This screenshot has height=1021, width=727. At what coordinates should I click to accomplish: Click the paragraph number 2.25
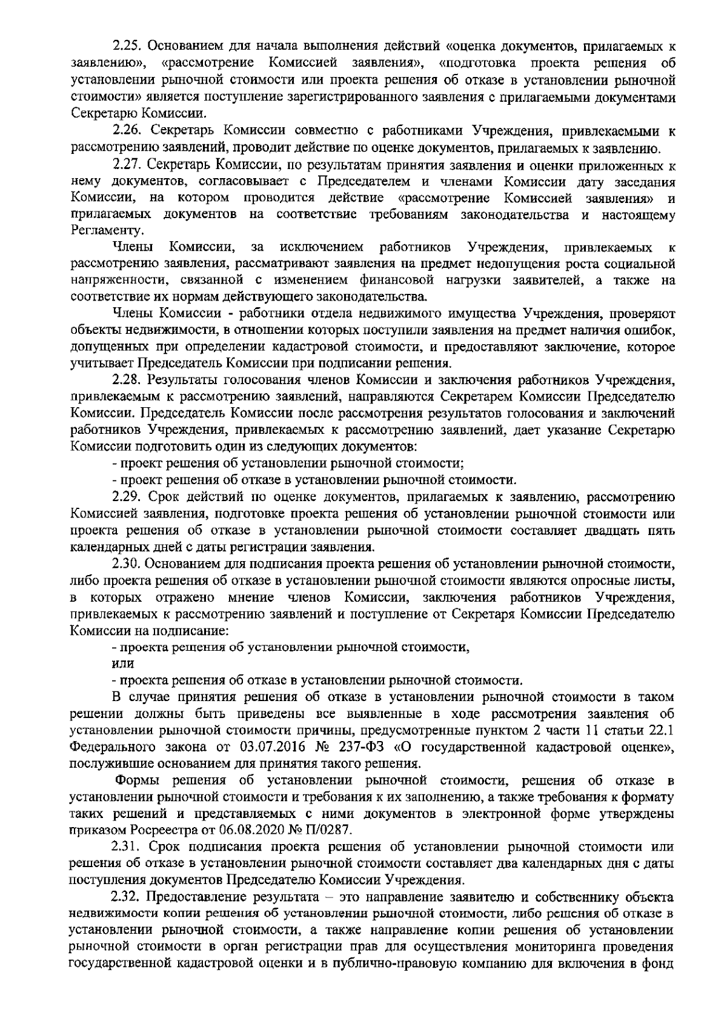[128, 29]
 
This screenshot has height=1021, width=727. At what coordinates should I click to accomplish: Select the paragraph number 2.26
[128, 130]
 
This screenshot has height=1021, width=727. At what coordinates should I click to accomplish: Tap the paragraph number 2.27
[128, 165]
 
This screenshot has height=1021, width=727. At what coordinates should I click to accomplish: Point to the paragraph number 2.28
[128, 381]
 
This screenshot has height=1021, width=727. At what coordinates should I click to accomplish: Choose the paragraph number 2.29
[128, 499]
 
